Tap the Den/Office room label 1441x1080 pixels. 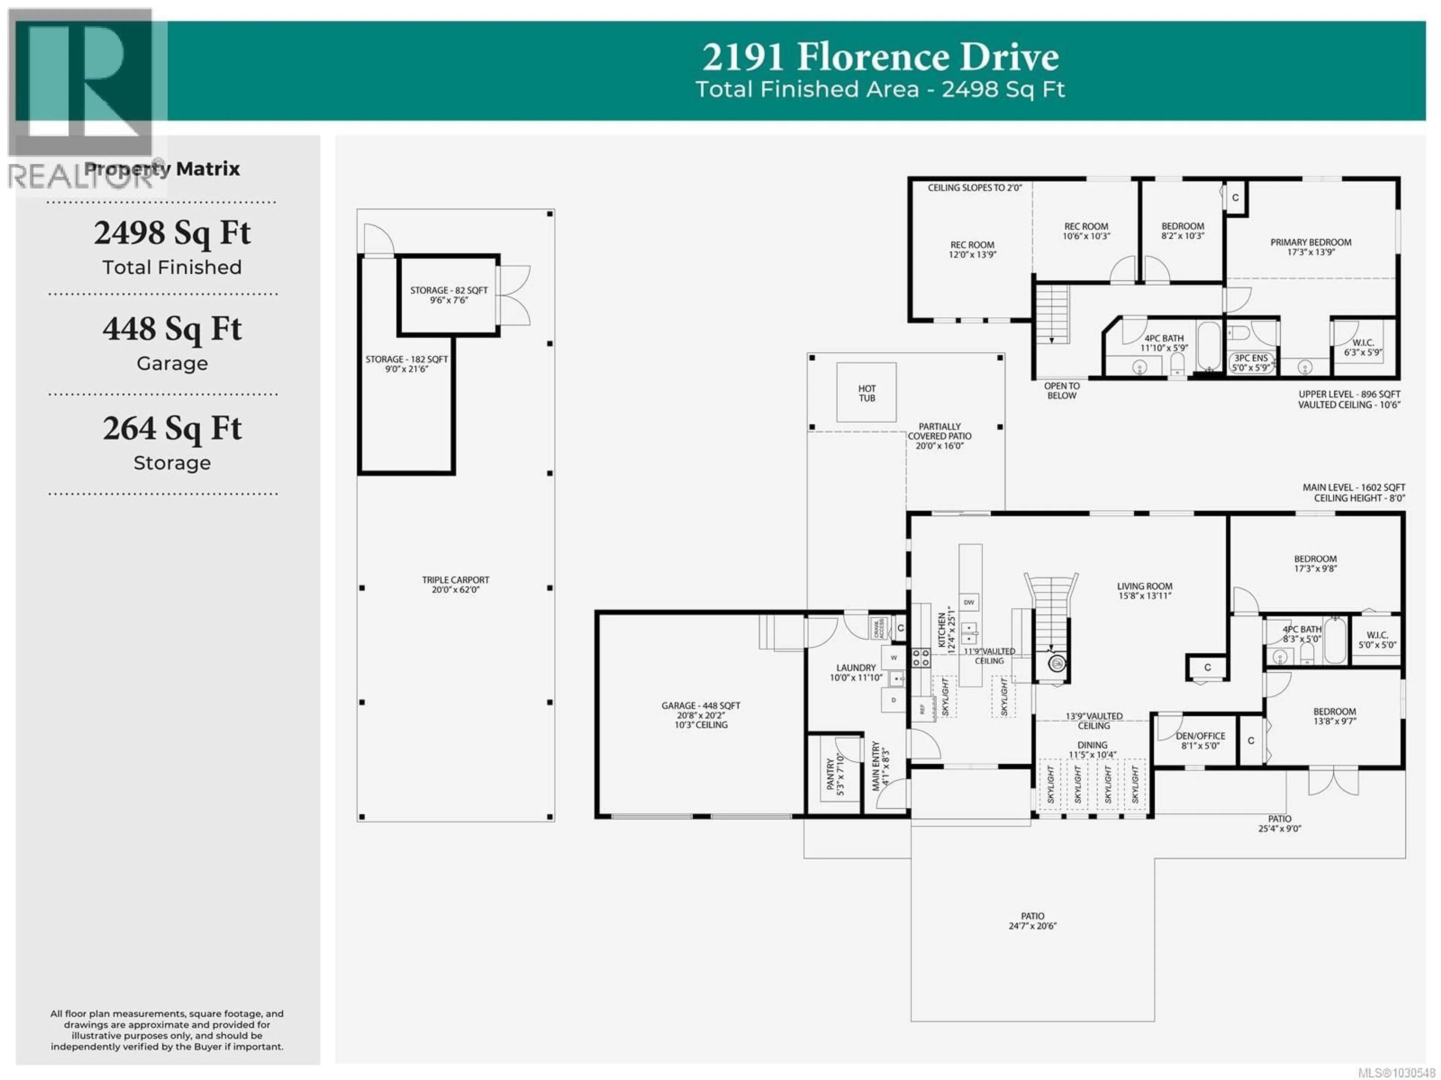coord(1200,736)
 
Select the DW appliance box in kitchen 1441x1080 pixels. coord(969,603)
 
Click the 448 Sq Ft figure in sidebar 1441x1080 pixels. coord(172,329)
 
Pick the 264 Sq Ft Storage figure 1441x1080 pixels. coord(172,429)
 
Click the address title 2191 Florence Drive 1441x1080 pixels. coord(880,57)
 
